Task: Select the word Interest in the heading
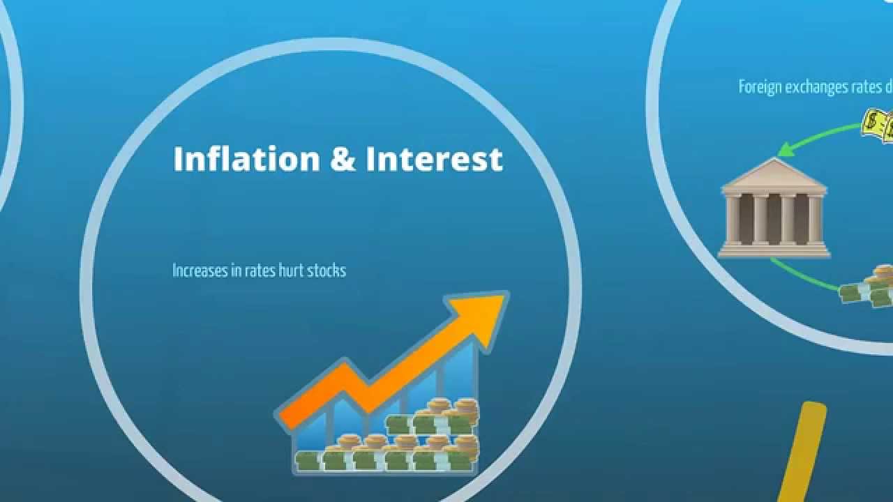click(434, 159)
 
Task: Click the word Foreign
click(760, 87)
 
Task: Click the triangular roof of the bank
click(774, 174)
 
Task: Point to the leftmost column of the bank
click(733, 219)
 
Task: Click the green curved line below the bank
click(802, 277)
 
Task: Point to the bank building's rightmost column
click(815, 219)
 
